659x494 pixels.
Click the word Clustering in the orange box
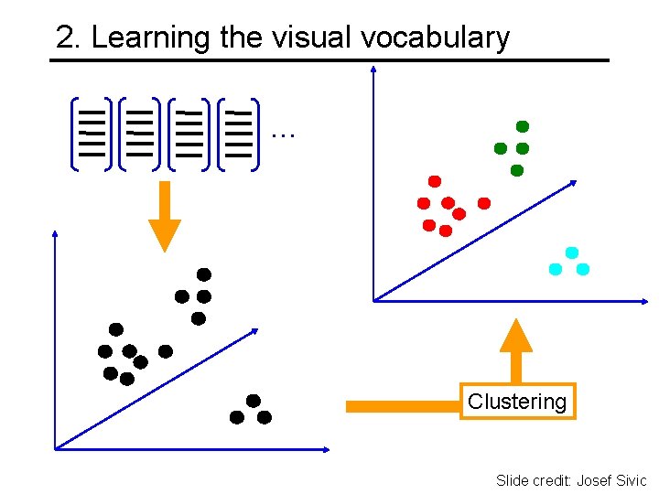tap(517, 401)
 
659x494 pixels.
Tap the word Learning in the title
tap(152, 38)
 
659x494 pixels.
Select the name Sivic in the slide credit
tap(630, 480)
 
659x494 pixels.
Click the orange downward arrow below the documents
tap(165, 217)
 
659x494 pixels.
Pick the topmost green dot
tap(523, 126)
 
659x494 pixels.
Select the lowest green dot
tap(516, 170)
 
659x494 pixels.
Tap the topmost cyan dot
tap(572, 252)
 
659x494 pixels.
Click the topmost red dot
tap(435, 181)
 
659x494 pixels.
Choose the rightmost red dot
tap(484, 203)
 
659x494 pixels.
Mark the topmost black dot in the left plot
tap(204, 274)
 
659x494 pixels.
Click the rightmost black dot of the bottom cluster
tap(265, 417)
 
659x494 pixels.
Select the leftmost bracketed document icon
tap(92, 134)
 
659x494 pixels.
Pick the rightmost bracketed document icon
tap(238, 134)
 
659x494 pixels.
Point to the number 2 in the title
tap(63, 38)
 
